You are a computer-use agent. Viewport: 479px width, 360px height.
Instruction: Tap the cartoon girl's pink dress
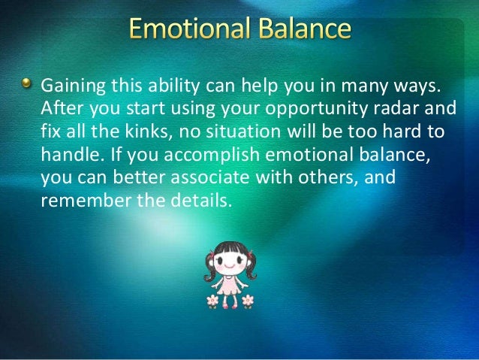230,286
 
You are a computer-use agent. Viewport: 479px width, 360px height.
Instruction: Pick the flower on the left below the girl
212,301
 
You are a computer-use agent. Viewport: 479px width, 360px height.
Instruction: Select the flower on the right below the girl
247,301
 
